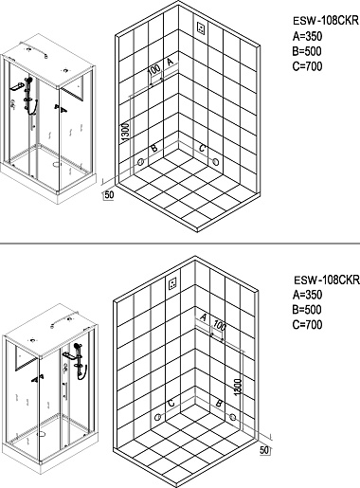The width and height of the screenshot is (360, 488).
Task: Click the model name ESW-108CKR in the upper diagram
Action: click(x=326, y=21)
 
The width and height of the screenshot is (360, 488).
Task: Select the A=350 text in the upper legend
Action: click(x=307, y=36)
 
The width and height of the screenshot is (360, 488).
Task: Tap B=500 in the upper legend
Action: click(x=307, y=51)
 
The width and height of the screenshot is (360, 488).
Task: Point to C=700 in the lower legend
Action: click(x=307, y=324)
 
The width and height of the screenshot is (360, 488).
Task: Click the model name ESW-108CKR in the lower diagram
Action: click(x=327, y=280)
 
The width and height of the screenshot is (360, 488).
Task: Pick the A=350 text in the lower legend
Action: click(x=307, y=295)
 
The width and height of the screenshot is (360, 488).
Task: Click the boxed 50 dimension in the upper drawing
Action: click(x=109, y=195)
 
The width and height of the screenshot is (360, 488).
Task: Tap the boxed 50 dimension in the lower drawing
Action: click(x=264, y=450)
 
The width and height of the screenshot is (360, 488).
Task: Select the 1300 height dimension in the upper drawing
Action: click(x=125, y=132)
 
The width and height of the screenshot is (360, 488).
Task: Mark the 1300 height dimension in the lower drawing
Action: click(x=239, y=386)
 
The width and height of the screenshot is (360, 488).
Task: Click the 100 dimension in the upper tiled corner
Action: click(x=154, y=70)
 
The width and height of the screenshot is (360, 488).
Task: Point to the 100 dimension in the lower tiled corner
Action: click(x=219, y=325)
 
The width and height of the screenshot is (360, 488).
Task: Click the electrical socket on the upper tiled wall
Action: click(x=201, y=28)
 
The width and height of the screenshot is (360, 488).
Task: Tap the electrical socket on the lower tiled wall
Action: click(x=172, y=283)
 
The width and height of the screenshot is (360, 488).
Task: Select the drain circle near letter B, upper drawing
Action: click(x=141, y=162)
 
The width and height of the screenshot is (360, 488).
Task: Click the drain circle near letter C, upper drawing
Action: click(x=216, y=162)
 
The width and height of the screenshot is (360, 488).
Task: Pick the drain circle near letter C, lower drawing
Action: click(x=158, y=417)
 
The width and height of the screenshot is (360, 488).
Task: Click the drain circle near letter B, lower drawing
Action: click(x=233, y=417)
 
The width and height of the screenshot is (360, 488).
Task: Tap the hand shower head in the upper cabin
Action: click(x=30, y=81)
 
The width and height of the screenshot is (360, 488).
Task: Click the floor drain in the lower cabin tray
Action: click(x=41, y=434)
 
